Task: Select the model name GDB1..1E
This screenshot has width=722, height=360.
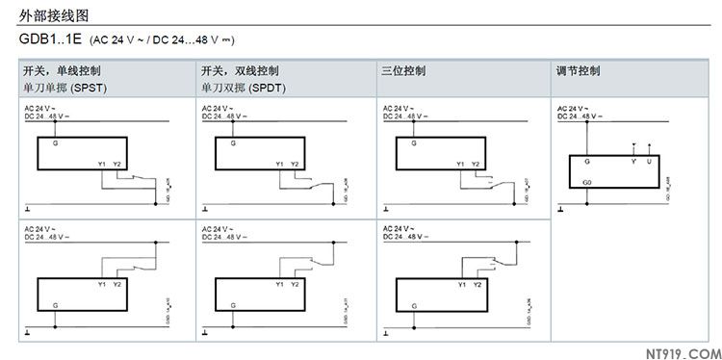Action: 51,40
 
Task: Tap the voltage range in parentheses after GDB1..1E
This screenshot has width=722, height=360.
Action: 163,41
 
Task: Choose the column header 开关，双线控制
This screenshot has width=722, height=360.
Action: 240,71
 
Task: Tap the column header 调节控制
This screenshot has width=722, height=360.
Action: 579,71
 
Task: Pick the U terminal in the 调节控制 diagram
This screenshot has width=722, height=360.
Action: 648,162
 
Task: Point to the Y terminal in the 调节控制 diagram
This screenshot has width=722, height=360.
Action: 632,162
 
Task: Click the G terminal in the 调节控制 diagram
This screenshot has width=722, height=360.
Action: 586,162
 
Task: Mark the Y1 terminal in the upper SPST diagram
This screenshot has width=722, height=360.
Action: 101,164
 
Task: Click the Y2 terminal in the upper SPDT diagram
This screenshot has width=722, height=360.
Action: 295,164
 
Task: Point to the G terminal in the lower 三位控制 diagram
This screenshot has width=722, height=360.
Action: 413,303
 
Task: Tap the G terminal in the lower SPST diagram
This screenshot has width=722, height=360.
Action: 55,303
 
